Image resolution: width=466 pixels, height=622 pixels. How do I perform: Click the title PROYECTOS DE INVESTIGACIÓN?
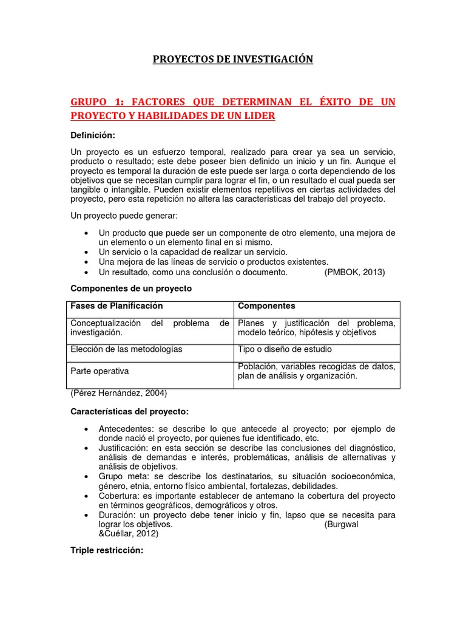232,59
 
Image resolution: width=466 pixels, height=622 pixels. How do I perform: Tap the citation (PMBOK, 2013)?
355,272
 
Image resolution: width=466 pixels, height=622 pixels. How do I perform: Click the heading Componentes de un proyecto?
132,289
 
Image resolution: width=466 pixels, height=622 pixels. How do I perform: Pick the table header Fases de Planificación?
117,306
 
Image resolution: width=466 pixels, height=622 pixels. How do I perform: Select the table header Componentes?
266,306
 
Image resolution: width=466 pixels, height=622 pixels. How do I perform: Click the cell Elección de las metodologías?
126,349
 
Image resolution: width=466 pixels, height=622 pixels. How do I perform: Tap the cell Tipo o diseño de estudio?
285,349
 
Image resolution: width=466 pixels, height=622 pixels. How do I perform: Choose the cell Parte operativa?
100,371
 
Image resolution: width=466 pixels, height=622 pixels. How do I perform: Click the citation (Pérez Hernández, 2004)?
119,393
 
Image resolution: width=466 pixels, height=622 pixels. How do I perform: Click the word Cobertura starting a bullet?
118,495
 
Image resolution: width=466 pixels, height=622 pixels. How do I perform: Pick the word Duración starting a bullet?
116,514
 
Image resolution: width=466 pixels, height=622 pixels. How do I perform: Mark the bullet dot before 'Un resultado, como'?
88,272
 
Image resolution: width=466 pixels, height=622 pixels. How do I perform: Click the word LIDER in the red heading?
258,116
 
